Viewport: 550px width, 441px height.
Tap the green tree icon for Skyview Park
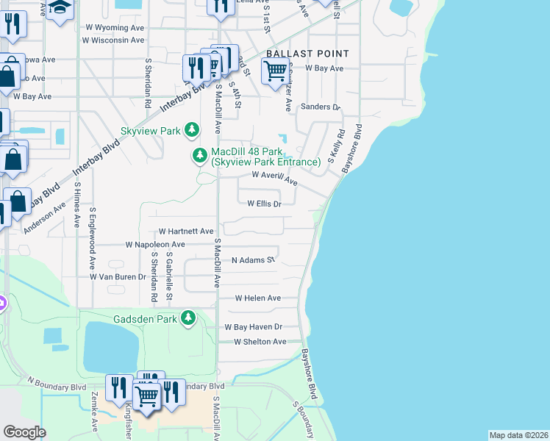(192, 130)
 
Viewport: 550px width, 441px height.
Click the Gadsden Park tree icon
(189, 318)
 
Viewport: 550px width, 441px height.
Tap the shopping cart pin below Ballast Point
(275, 72)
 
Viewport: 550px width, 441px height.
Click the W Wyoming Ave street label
(115, 26)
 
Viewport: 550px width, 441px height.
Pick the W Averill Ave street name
(274, 177)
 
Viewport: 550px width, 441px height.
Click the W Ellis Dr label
(264, 204)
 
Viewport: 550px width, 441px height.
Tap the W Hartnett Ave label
(185, 231)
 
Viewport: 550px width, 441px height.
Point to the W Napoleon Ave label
(155, 244)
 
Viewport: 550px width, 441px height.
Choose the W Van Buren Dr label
(118, 276)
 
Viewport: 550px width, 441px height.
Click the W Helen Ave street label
(257, 298)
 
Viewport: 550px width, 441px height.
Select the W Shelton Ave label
(260, 342)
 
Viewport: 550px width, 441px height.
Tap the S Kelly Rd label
(337, 147)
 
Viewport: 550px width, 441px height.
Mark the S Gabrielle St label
(169, 273)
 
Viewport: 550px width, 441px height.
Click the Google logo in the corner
(24, 431)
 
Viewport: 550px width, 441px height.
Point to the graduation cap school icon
(60, 9)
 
